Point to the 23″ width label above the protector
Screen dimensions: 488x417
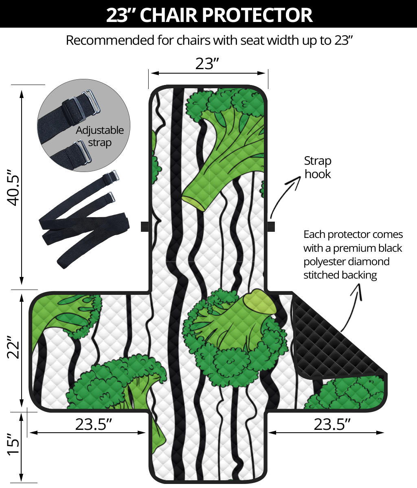point(207,63)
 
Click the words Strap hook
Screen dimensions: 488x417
point(318,167)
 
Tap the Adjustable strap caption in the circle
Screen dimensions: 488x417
point(100,136)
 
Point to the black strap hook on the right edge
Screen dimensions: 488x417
point(271,226)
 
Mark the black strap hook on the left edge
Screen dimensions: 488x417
point(144,227)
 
